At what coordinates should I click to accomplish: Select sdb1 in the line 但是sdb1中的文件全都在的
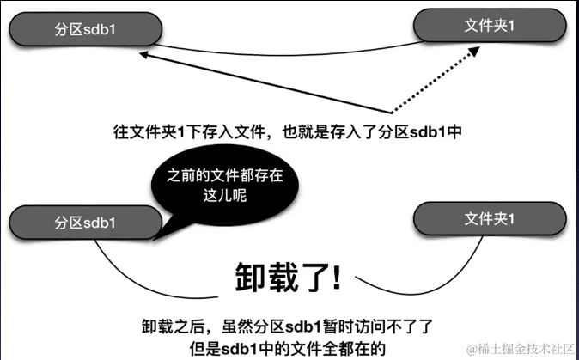coord(248,347)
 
